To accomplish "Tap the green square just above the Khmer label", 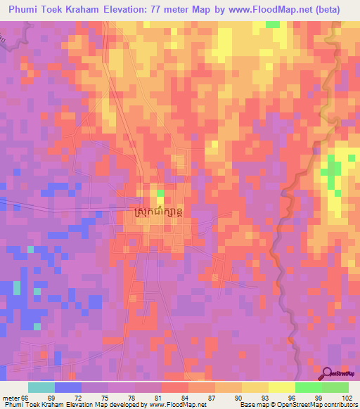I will tap(160, 193).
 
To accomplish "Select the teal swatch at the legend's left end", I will tap(41, 387).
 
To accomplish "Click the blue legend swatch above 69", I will tap(68, 387).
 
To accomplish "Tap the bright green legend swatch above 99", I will tap(308, 387).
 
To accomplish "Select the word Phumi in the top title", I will tap(23, 10).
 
